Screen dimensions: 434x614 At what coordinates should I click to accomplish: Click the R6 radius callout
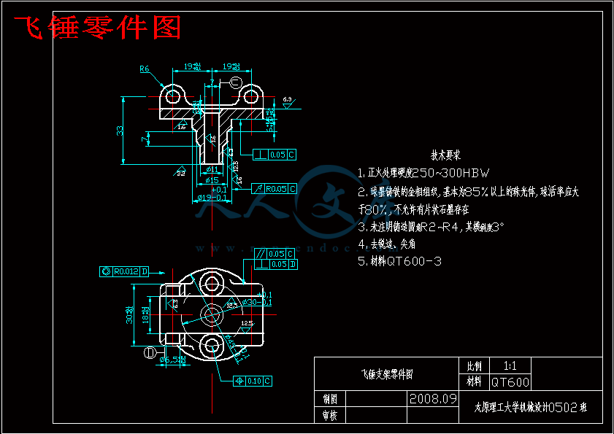pos(144,69)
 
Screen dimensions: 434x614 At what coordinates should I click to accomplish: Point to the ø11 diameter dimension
pos(212,170)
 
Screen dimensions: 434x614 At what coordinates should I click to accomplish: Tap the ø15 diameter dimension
pos(212,179)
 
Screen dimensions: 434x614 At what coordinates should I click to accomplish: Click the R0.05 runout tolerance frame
pos(275,189)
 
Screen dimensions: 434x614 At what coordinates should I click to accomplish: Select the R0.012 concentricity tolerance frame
pos(124,271)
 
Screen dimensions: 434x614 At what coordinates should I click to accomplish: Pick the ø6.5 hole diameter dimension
pos(173,360)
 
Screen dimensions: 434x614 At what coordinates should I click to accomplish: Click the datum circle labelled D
pos(150,353)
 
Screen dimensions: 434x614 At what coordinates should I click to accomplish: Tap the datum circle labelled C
pos(235,82)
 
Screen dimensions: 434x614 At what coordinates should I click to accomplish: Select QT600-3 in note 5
pos(413,261)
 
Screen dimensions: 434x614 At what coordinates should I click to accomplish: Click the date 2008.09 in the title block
pos(433,399)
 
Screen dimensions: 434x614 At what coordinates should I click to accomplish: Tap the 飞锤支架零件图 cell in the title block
pos(387,374)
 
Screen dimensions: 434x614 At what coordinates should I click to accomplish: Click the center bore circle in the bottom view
pos(212,314)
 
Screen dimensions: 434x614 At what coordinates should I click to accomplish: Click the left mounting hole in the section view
pos(174,96)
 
